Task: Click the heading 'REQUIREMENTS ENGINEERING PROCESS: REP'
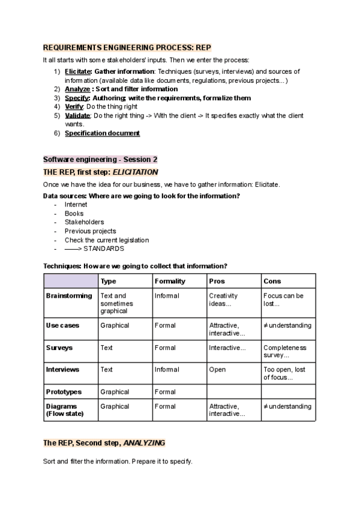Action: click(127, 47)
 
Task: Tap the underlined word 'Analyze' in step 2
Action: click(77, 89)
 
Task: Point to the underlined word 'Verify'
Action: click(74, 106)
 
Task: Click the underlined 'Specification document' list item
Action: click(102, 133)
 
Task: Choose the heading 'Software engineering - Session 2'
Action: click(100, 159)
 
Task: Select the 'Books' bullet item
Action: click(74, 213)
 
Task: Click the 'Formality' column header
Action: click(170, 281)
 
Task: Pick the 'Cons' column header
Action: click(272, 281)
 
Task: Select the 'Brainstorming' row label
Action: click(69, 296)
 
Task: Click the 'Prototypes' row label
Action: click(64, 392)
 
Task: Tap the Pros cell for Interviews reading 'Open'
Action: click(217, 370)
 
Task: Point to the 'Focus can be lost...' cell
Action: click(283, 300)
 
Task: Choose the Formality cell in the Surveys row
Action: click(165, 348)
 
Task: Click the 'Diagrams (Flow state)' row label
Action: click(65, 410)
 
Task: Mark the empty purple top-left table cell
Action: click(70, 281)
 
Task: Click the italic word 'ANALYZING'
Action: click(144, 443)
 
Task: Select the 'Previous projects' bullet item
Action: click(90, 231)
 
